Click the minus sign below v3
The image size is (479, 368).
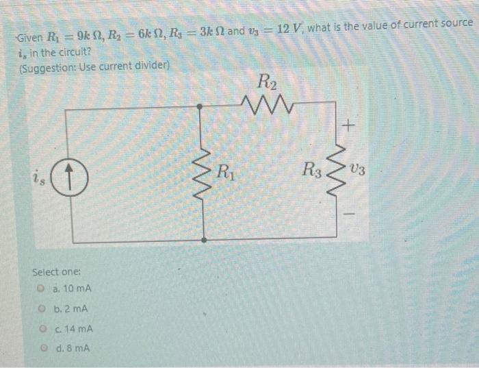pos(349,214)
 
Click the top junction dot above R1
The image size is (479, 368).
pos(200,107)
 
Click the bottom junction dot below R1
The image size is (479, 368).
pos(205,241)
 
